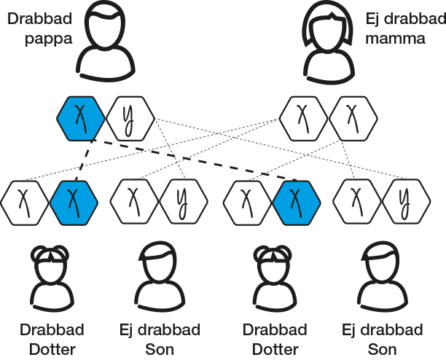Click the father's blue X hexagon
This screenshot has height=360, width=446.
[82, 117]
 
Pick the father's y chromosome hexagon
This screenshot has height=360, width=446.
[127, 117]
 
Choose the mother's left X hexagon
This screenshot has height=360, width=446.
[305, 117]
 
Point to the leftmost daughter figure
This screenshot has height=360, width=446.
[51, 277]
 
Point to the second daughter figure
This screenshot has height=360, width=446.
[273, 277]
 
